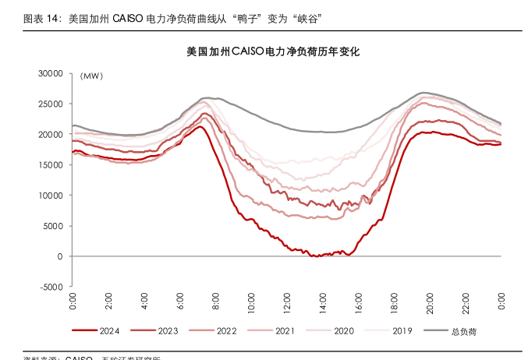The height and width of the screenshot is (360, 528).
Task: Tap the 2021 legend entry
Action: (285, 331)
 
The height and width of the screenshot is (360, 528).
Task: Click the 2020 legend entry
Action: (343, 331)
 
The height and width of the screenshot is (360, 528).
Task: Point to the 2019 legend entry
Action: (402, 331)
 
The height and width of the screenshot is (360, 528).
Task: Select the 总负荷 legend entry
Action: (463, 331)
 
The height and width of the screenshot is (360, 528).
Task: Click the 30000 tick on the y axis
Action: (51, 73)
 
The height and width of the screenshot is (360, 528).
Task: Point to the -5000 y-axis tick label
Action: (51, 287)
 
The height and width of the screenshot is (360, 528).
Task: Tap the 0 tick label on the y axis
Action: (59, 256)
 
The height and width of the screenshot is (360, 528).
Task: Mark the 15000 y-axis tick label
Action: (51, 164)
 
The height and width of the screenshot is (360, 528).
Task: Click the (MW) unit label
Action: (91, 76)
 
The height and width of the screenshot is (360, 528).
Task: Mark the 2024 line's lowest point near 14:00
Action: (315, 256)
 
